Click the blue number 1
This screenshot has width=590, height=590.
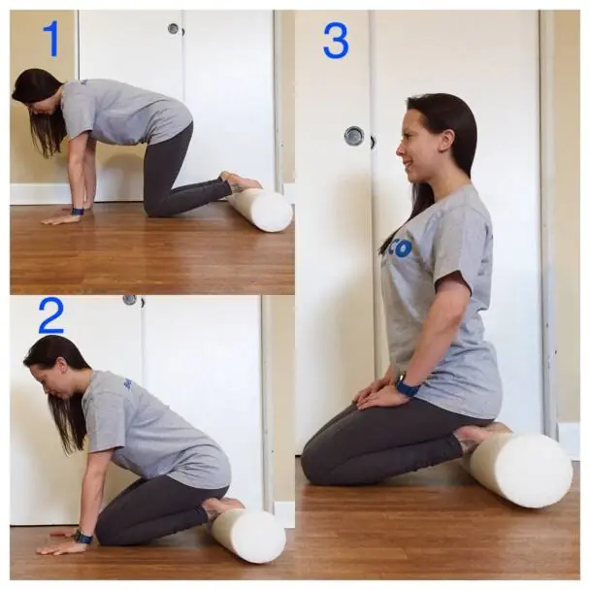50,39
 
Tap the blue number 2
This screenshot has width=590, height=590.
50,316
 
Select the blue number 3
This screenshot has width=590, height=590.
336,41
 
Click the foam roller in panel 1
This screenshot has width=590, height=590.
261,210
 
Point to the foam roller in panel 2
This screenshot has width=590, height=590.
248,535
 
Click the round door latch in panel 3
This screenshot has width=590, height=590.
354,136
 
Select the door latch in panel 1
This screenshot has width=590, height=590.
173,28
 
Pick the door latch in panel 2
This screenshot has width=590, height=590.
129,300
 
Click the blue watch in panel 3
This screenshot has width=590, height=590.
407,386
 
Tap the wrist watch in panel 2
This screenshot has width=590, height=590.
84,537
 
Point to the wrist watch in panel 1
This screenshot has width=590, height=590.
78,210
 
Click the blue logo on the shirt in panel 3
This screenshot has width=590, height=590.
399,248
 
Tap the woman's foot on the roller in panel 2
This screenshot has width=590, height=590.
224,505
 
